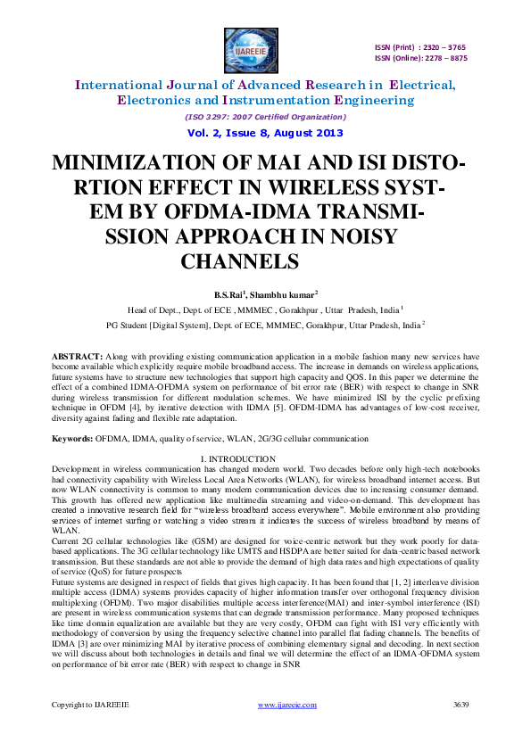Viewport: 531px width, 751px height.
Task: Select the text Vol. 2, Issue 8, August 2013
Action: [x=265, y=132]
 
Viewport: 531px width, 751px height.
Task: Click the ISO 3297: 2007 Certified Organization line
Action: [x=265, y=116]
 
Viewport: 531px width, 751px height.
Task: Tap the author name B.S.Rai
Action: [x=228, y=294]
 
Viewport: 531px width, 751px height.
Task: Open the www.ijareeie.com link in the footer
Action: [x=286, y=730]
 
